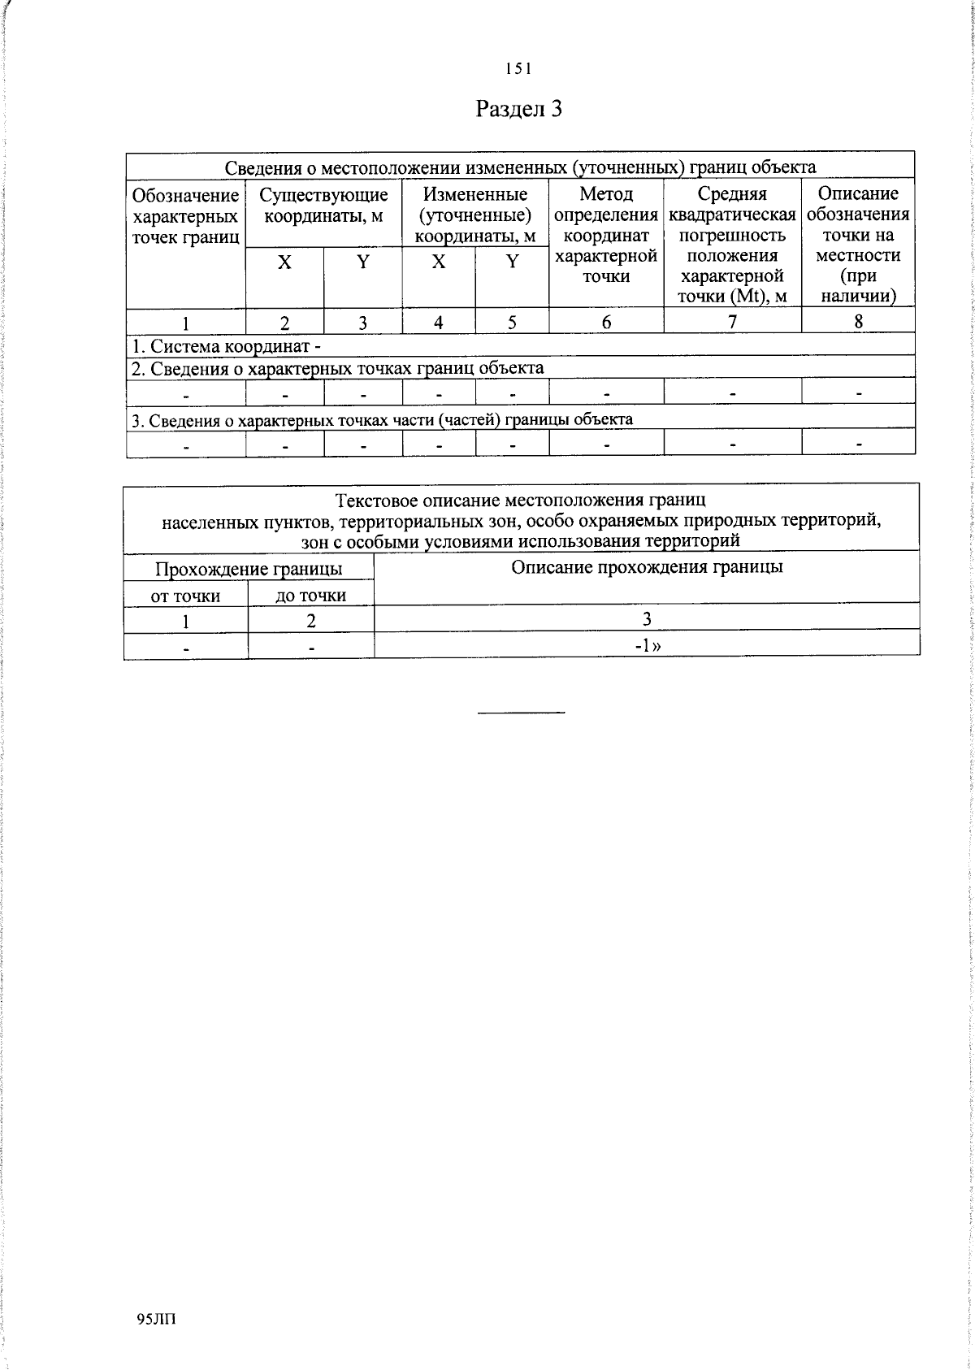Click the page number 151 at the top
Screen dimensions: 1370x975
click(x=518, y=70)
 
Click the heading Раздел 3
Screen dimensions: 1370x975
click(x=518, y=109)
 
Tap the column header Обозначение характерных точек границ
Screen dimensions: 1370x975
click(x=186, y=216)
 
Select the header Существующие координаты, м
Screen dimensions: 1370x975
click(x=323, y=206)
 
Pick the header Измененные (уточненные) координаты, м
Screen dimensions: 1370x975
click(x=475, y=215)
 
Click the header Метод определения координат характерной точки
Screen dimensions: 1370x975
click(x=606, y=235)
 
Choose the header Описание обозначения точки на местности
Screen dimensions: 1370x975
click(x=858, y=245)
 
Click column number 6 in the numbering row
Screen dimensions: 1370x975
click(x=606, y=322)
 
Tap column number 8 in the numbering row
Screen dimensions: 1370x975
click(x=858, y=322)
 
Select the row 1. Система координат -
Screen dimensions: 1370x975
click(x=227, y=346)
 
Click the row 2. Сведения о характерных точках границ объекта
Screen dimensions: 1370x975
click(x=338, y=368)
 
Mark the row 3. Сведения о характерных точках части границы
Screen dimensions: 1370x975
click(x=382, y=419)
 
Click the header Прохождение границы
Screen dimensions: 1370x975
click(x=249, y=569)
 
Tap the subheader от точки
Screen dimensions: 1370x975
click(x=186, y=596)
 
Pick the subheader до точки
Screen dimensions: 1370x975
click(x=311, y=596)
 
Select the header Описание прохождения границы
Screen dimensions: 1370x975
click(x=647, y=567)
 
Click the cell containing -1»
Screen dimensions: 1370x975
click(x=647, y=646)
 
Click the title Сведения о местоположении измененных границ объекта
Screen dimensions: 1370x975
click(x=520, y=167)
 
